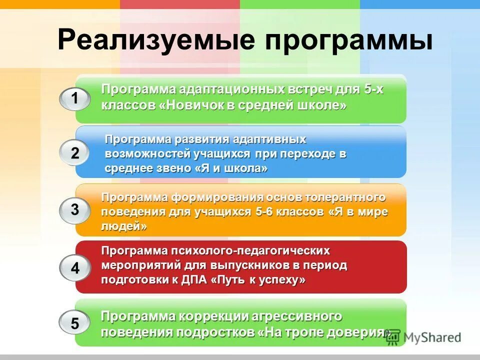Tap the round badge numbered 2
75,153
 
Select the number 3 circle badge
75,210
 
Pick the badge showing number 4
75,268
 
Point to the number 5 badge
75,323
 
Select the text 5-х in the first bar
374,90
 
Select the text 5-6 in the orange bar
266,212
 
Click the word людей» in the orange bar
124,226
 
